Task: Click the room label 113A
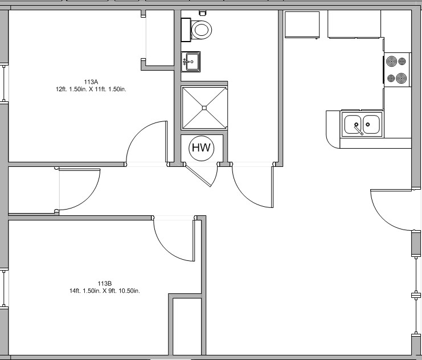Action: pyautogui.click(x=91, y=82)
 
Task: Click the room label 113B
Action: pyautogui.click(x=104, y=284)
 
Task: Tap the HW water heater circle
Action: pyautogui.click(x=202, y=148)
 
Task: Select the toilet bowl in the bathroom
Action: pyautogui.click(x=202, y=30)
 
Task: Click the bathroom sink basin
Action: pyautogui.click(x=192, y=62)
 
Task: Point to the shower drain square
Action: pyautogui.click(x=204, y=108)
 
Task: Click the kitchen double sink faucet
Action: pyautogui.click(x=359, y=129)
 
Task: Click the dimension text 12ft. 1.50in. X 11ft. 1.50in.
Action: pyautogui.click(x=91, y=89)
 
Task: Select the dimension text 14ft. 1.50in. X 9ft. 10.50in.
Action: pyautogui.click(x=105, y=291)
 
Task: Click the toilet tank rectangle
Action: pyautogui.click(x=186, y=30)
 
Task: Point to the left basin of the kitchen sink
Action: pyautogui.click(x=353, y=124)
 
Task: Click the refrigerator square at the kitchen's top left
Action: pyautogui.click(x=302, y=24)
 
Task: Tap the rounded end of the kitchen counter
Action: pyautogui.click(x=330, y=138)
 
